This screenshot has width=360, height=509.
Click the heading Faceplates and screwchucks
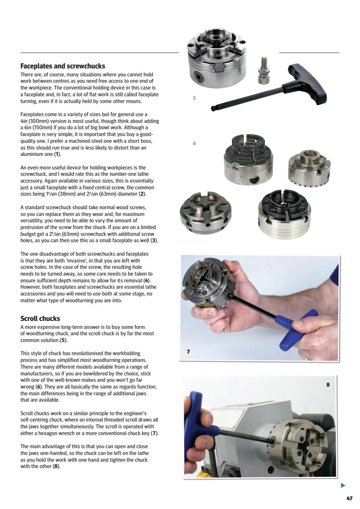point(62,66)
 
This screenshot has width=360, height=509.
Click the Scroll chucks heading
point(40,319)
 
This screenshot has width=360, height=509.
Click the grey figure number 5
point(194,98)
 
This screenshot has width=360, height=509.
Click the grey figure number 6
point(194,144)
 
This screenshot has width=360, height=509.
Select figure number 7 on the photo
point(189,352)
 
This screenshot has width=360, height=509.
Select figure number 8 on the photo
point(328,385)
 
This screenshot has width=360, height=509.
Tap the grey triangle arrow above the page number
point(343,485)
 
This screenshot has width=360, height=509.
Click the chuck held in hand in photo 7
point(211,286)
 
